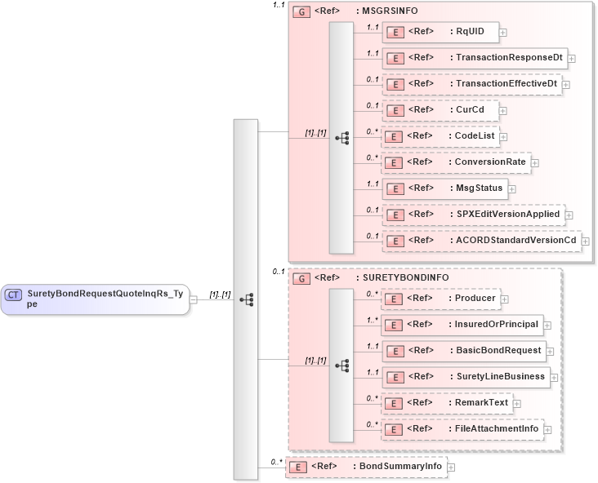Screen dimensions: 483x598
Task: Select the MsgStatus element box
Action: click(444, 188)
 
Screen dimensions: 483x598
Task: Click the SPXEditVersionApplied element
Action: click(472, 215)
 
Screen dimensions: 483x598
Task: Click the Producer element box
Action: click(440, 299)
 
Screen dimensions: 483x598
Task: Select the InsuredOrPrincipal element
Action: click(462, 325)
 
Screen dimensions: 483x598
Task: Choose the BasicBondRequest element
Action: click(463, 351)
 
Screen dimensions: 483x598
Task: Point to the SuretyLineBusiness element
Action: click(466, 377)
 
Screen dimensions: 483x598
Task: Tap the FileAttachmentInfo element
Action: click(462, 429)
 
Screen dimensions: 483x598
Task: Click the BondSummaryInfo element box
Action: click(365, 467)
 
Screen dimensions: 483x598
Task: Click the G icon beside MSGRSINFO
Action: click(301, 12)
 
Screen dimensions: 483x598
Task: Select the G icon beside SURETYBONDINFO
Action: click(301, 278)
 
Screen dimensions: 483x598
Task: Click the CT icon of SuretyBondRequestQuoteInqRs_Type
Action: click(13, 294)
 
